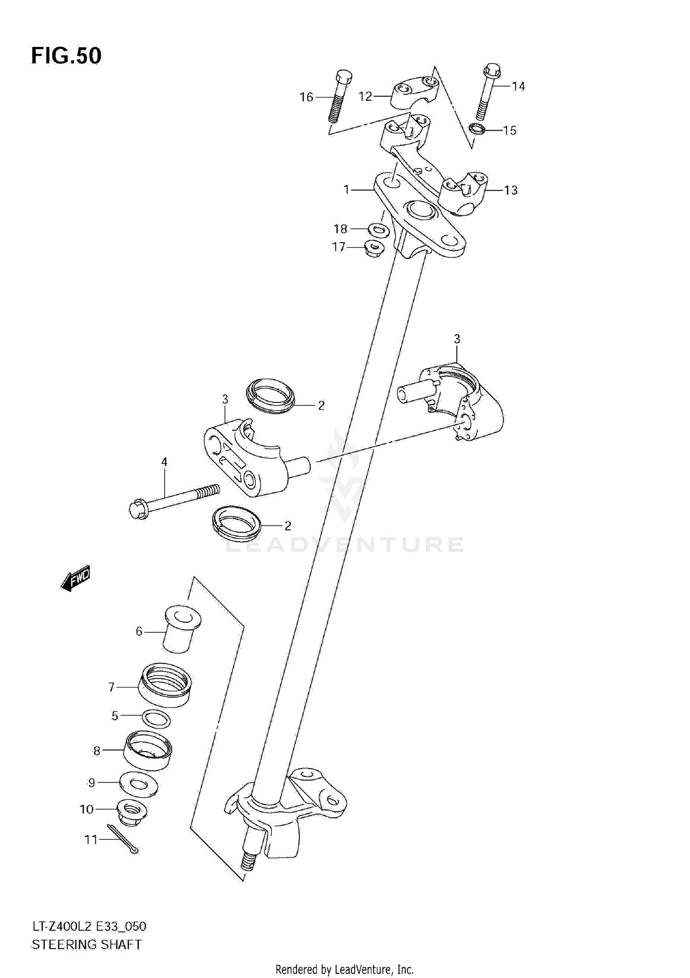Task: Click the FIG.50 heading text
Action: click(66, 56)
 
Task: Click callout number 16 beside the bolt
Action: click(306, 97)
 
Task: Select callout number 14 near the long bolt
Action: click(518, 86)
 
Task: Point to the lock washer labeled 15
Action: click(477, 129)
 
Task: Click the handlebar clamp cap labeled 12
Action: click(413, 93)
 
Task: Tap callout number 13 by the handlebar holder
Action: click(511, 190)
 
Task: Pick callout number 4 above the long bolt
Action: click(164, 462)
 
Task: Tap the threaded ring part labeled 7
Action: click(165, 686)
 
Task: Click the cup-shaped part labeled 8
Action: click(148, 750)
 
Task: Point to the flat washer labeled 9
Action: click(138, 783)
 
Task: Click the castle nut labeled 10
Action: click(132, 812)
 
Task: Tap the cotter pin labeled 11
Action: click(123, 839)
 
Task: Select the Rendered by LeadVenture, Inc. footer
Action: click(345, 969)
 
